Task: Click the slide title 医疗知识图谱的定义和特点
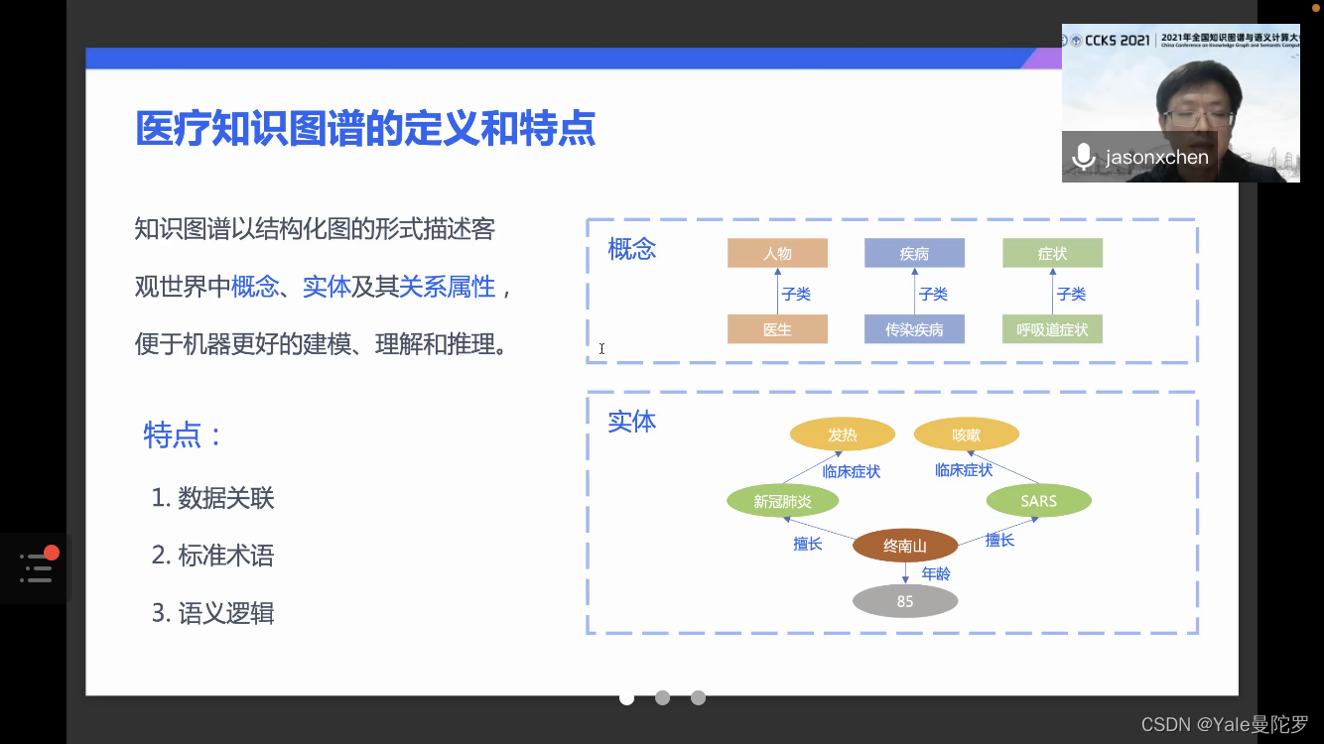point(365,129)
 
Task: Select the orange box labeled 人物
point(777,253)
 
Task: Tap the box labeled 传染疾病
point(914,329)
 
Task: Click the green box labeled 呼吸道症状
point(1052,329)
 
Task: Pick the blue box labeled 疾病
point(914,253)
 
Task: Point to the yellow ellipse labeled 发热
point(842,434)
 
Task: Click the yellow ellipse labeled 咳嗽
point(966,434)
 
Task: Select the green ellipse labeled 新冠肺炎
point(782,501)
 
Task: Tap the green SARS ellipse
point(1038,501)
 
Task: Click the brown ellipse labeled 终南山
point(905,546)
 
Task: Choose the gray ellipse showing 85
point(905,601)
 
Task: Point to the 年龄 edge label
point(936,573)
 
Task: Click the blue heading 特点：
point(184,434)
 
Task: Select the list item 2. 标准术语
point(212,556)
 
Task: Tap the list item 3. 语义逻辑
point(212,613)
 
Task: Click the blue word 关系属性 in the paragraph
point(447,287)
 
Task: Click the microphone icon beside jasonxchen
point(1083,157)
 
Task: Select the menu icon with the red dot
point(37,566)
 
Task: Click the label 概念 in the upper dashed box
point(632,249)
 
